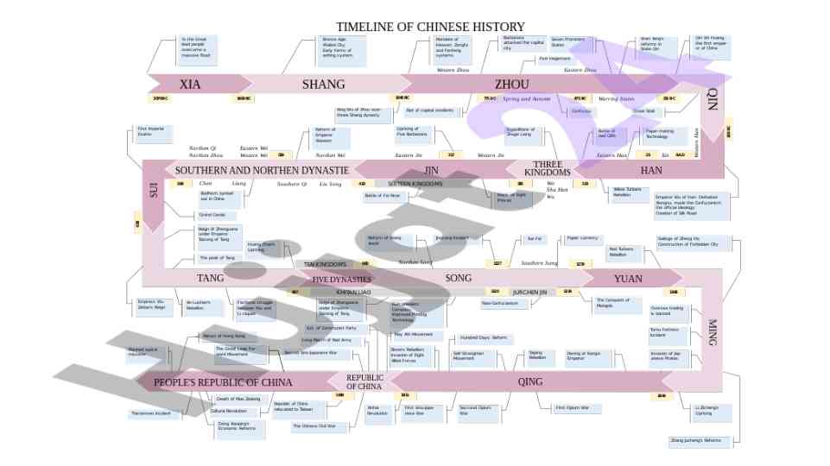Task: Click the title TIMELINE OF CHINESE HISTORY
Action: click(430, 28)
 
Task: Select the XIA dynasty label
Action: click(190, 85)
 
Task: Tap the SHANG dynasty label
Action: click(323, 85)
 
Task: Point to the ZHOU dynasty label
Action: click(512, 85)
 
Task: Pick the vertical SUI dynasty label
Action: click(154, 191)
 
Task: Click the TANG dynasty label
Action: click(210, 279)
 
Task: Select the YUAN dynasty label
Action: click(628, 279)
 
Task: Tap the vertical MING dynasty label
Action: click(712, 332)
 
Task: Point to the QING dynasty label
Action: click(530, 381)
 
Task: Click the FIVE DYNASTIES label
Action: click(342, 280)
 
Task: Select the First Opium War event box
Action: click(571, 407)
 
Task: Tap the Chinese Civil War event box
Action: click(314, 426)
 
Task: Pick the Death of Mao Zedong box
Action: click(238, 399)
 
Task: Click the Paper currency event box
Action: click(582, 238)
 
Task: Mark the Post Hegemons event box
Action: click(554, 59)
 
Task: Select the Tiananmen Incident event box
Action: click(150, 413)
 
